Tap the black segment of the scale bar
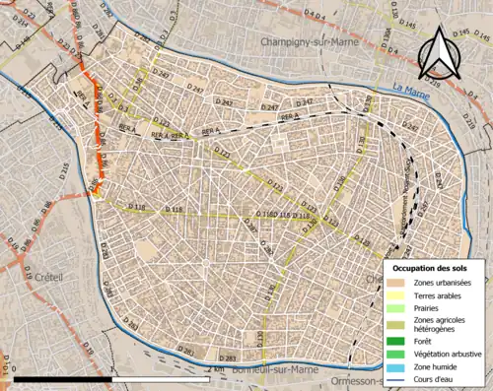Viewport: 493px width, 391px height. point(64,378)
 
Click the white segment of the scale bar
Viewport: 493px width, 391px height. point(162,378)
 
